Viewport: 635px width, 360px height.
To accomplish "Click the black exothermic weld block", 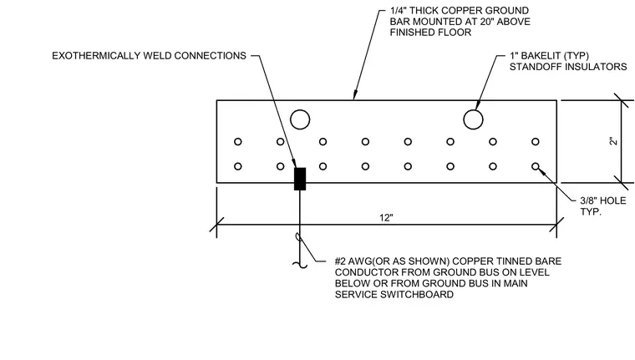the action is (300, 179).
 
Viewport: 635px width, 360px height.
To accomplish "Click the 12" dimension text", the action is (386, 218).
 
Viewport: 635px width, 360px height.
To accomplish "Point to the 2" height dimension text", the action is (614, 141).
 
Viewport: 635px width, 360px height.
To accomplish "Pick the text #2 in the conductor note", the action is (340, 261).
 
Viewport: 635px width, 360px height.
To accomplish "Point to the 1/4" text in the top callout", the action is (398, 11).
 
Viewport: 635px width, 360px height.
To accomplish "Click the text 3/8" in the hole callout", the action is (588, 200).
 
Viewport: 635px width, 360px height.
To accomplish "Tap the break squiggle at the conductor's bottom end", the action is (300, 266).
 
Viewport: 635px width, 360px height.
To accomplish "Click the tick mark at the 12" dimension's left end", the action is (216, 225).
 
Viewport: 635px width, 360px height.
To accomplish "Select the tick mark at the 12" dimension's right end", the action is (556, 225).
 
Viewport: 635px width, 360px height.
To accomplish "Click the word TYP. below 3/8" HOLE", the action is (591, 211).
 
